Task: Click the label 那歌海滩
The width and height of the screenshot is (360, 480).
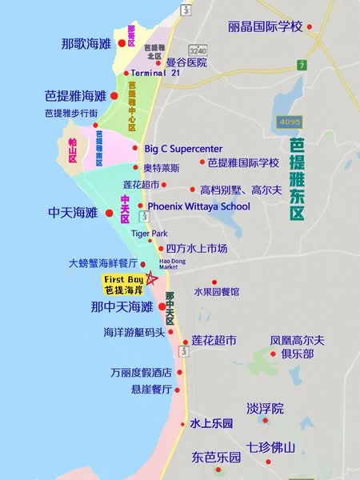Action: [x=86, y=43]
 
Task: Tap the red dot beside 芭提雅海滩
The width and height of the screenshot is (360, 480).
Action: [x=114, y=96]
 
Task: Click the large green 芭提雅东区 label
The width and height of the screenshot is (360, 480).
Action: [x=298, y=179]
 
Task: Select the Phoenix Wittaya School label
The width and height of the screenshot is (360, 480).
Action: [x=199, y=206]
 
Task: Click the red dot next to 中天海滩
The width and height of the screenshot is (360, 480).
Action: [x=110, y=213]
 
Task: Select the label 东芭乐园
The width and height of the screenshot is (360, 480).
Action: [x=216, y=458]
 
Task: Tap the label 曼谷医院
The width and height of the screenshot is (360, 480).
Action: [x=186, y=62]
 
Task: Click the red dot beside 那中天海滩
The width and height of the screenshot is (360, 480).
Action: [x=163, y=306]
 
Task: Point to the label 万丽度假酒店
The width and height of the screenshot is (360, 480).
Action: [x=142, y=373]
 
